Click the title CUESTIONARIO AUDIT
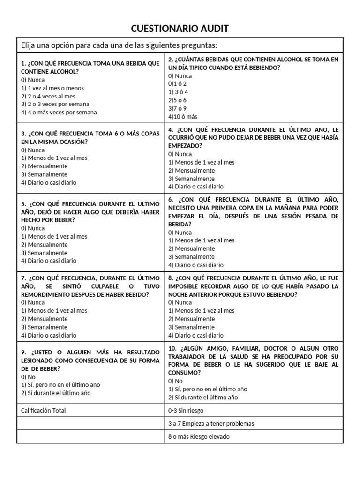pyautogui.click(x=180, y=29)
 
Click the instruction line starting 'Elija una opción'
pyautogui.click(x=119, y=45)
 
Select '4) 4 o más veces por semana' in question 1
pyautogui.click(x=59, y=112)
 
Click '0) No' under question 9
pyautogui.click(x=28, y=377)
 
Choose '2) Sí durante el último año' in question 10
pyautogui.click(x=203, y=397)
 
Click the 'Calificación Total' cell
pyautogui.click(x=44, y=410)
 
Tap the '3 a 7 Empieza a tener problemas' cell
pyautogui.click(x=211, y=423)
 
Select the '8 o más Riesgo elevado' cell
pyautogui.click(x=199, y=436)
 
